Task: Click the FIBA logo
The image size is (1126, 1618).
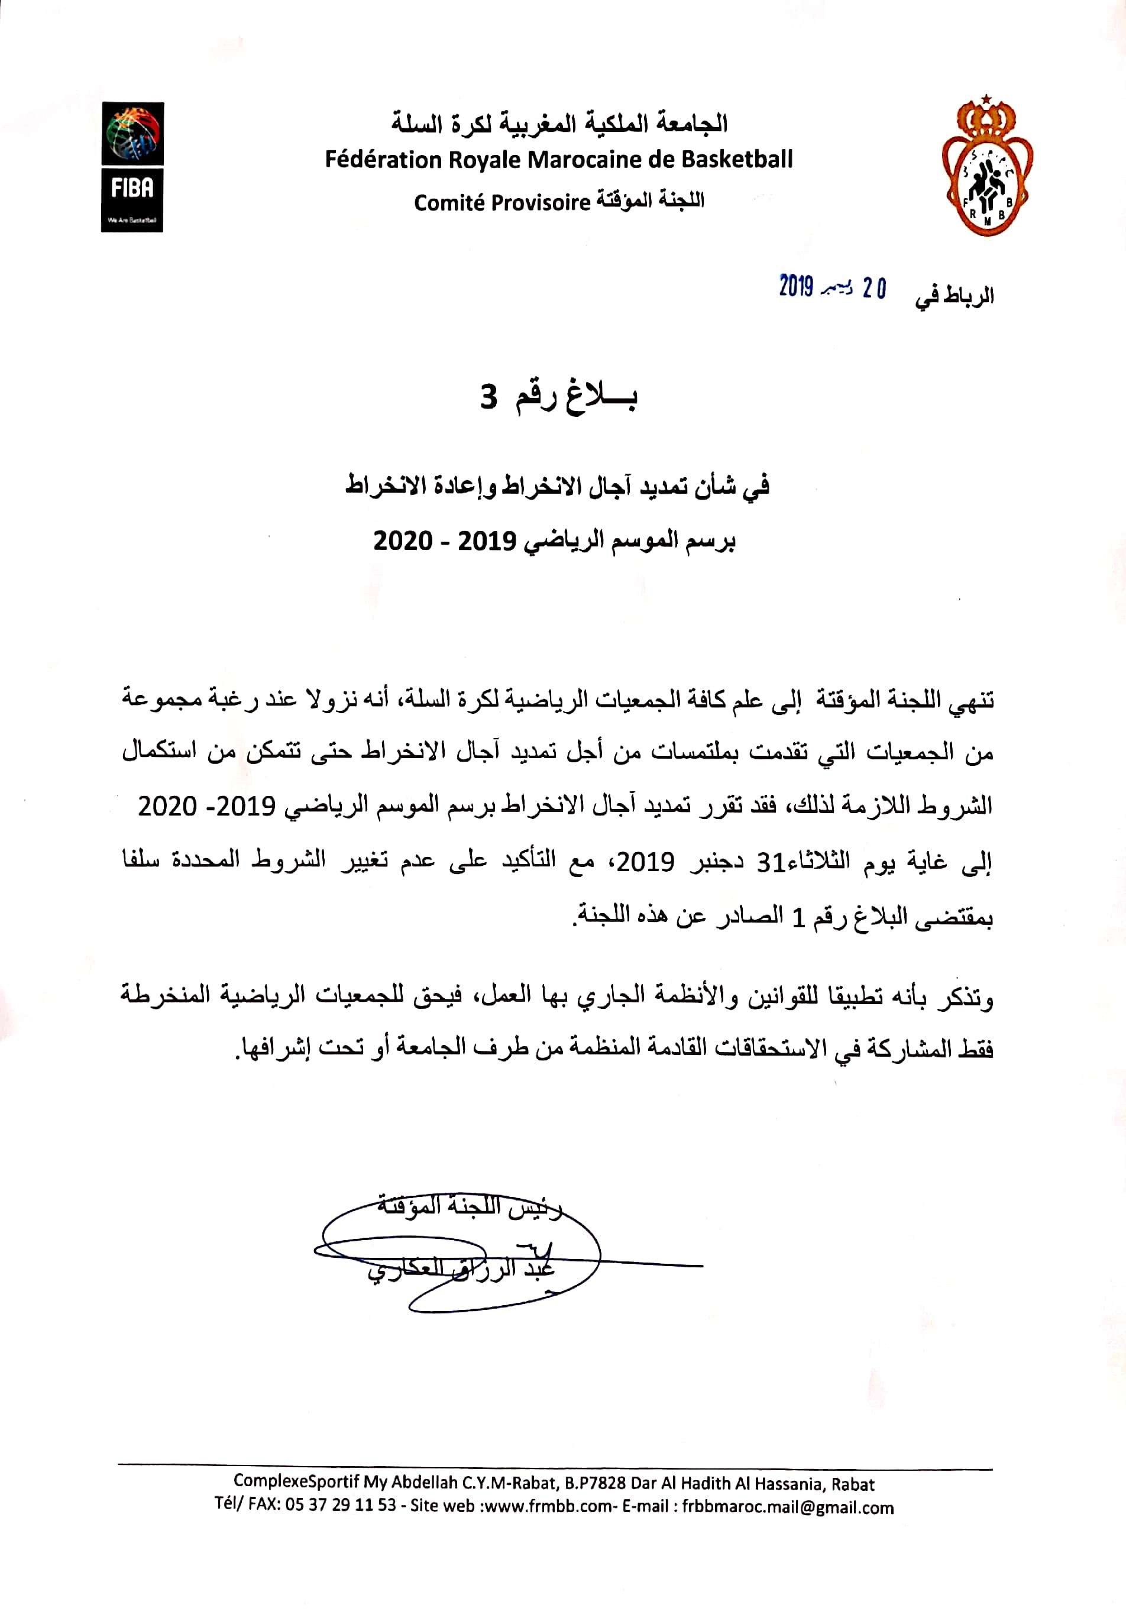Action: [132, 167]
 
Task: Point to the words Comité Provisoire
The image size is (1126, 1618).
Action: [501, 203]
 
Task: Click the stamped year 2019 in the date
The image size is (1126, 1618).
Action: [796, 287]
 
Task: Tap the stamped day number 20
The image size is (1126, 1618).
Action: [873, 289]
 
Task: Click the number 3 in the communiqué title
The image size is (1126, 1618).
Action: [488, 398]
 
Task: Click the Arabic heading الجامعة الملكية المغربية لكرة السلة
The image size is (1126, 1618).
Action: [559, 124]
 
